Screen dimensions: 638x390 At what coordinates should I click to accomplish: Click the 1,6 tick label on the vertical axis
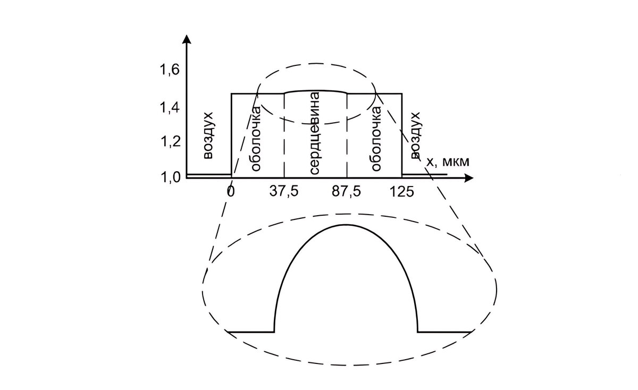pyautogui.click(x=171, y=70)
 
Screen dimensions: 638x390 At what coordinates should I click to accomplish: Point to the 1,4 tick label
pyautogui.click(x=171, y=108)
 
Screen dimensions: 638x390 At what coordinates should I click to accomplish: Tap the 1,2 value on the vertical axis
pyautogui.click(x=171, y=141)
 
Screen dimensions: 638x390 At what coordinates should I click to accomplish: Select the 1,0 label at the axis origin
pyautogui.click(x=171, y=177)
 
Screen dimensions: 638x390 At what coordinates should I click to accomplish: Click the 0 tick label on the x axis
pyautogui.click(x=231, y=192)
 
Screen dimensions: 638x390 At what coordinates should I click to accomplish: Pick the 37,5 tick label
pyautogui.click(x=284, y=192)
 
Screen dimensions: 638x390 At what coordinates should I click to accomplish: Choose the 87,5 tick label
pyautogui.click(x=346, y=192)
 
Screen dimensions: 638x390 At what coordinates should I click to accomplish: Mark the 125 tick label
pyautogui.click(x=401, y=192)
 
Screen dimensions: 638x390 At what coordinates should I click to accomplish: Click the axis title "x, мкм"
pyautogui.click(x=448, y=162)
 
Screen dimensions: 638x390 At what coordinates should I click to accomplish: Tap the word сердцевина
pyautogui.click(x=314, y=133)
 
